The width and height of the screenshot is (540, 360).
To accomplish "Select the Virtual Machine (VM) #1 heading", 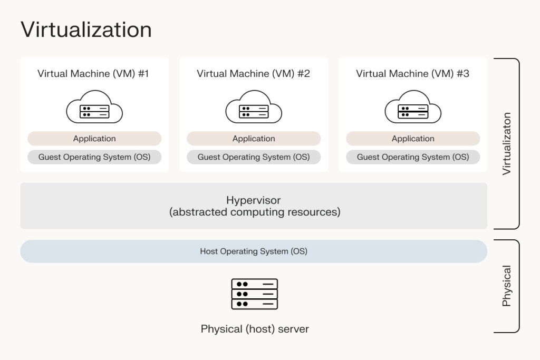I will point(93,74).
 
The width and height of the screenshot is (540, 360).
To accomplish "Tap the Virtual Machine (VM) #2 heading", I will point(253,74).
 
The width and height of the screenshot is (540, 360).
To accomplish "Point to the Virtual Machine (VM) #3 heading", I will point(412,74).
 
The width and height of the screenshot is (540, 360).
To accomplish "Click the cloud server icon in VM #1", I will point(94,108).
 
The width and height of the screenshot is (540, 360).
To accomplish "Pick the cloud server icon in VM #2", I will point(254,108).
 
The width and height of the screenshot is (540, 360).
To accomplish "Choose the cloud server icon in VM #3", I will point(413,108).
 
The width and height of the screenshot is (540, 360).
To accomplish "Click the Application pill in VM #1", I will point(94,139).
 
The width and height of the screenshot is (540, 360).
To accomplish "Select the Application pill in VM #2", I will point(254,139).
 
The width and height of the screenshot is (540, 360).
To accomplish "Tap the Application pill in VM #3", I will point(413,139).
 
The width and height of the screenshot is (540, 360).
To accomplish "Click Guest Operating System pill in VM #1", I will point(94,157).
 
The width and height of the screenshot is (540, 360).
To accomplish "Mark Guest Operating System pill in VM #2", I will point(254,157).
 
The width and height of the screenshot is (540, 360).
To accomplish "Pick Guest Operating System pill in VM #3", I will point(413,157).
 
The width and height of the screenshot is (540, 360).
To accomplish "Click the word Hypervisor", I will point(254,200).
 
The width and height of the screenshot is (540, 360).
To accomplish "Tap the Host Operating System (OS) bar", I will point(254,251).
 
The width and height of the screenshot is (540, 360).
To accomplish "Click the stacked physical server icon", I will point(254,294).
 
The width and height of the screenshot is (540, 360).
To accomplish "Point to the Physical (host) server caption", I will point(255,329).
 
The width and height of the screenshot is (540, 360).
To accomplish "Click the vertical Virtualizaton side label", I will point(507,143).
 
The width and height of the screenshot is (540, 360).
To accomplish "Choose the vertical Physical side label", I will point(507,286).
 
